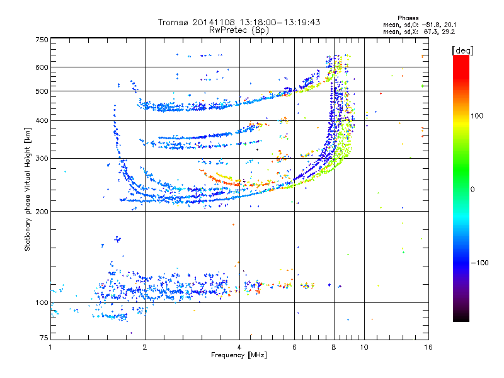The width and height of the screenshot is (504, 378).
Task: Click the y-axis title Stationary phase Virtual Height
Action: [x=28, y=189]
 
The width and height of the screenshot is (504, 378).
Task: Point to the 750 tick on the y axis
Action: [x=42, y=40]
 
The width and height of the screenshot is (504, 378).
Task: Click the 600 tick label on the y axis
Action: [x=42, y=67]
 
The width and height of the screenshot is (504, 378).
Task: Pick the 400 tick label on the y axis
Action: [x=42, y=120]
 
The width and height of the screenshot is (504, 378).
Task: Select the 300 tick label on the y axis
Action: [x=42, y=158]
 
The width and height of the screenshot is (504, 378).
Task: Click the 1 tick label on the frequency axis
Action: [x=51, y=347]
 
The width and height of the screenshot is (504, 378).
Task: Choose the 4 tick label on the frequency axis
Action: [x=239, y=347]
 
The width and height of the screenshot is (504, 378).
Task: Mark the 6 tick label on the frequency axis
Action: [x=294, y=347]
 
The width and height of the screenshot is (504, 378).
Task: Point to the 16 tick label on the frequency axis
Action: [x=427, y=347]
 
